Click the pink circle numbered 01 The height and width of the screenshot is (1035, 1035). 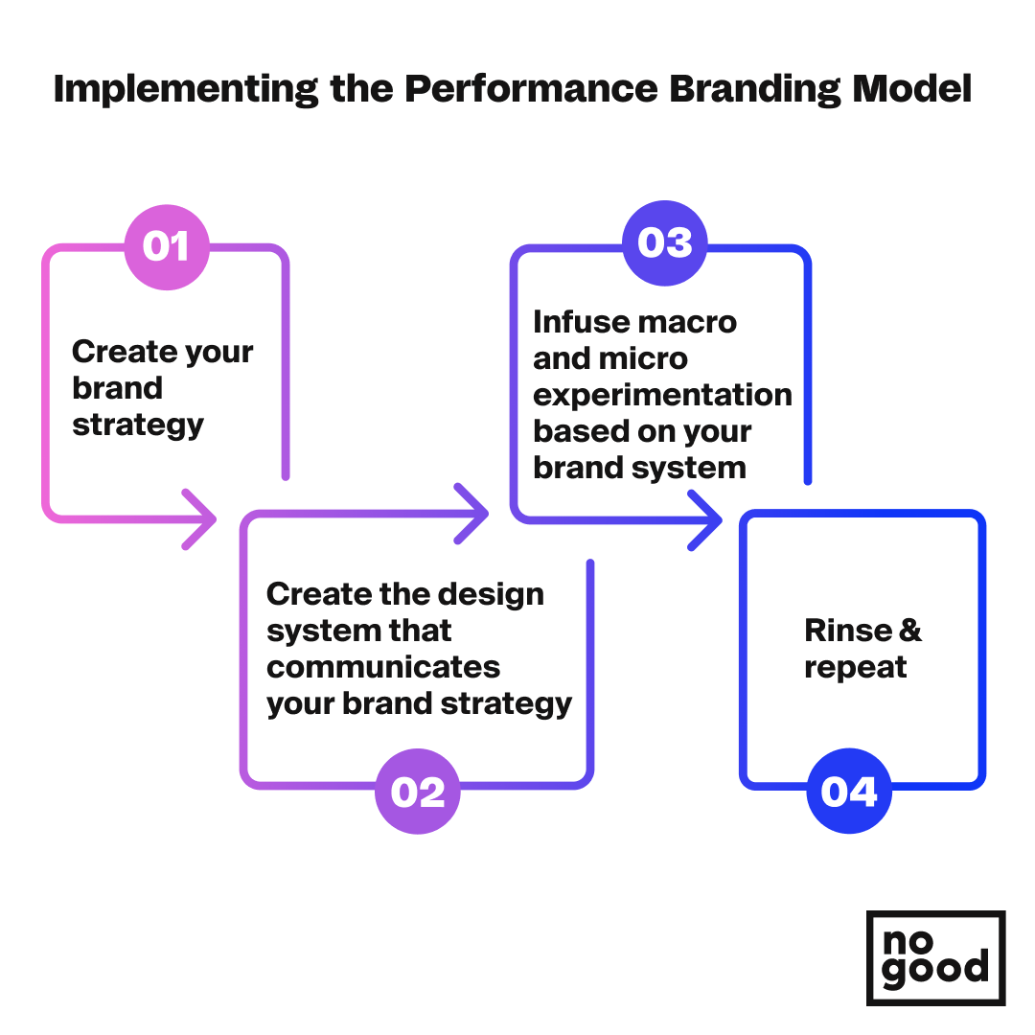click(167, 247)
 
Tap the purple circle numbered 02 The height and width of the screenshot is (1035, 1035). click(418, 792)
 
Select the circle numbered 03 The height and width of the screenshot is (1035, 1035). click(665, 242)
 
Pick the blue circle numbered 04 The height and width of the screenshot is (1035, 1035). click(849, 791)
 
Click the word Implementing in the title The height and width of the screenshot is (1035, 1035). click(186, 89)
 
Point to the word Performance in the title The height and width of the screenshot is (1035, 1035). click(531, 88)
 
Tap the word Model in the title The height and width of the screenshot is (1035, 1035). click(912, 88)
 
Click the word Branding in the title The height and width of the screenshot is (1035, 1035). click(755, 89)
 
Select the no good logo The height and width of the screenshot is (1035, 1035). click(936, 958)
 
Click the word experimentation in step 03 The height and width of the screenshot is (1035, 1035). click(663, 396)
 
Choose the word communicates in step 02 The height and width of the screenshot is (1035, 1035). click(383, 667)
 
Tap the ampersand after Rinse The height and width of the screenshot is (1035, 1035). click(910, 631)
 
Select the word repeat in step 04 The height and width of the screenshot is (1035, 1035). click(856, 668)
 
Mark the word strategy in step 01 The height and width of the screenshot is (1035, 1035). click(138, 425)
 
